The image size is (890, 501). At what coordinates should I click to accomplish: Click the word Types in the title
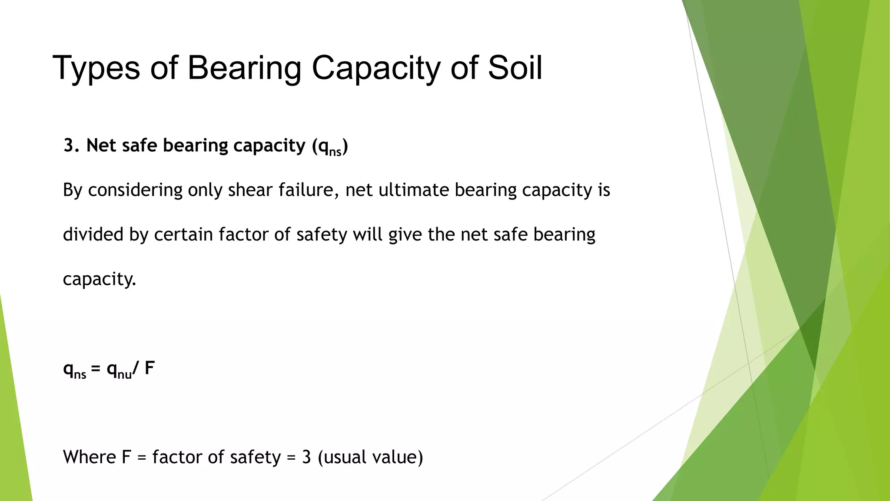96,69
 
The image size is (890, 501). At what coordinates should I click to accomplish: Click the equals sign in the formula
96,369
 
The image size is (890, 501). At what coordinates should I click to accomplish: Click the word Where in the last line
90,457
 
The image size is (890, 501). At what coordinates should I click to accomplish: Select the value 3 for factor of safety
306,457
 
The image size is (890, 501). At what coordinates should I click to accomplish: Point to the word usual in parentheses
344,457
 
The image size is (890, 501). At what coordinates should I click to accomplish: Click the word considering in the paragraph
135,190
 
